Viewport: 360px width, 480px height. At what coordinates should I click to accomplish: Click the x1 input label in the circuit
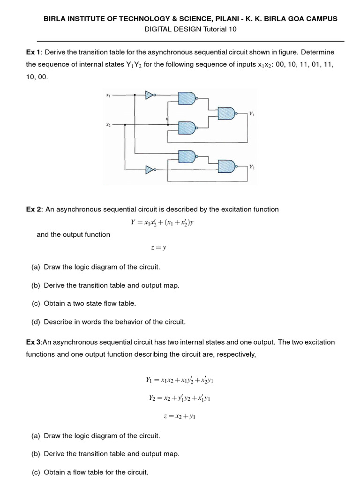(x=108, y=95)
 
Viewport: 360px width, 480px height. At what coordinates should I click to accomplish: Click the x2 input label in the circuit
(x=108, y=125)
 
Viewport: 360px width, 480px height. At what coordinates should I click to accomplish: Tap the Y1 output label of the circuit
(x=252, y=113)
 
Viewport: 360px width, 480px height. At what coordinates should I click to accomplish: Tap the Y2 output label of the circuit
(x=252, y=166)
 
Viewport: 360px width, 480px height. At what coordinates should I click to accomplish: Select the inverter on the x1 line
(x=150, y=95)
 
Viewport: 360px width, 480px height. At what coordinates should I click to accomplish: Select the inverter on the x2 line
(x=150, y=170)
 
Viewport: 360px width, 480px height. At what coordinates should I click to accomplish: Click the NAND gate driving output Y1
(x=226, y=113)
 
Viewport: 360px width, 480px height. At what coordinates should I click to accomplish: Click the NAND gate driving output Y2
(x=226, y=165)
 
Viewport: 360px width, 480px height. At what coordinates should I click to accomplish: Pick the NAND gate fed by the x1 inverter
(x=187, y=98)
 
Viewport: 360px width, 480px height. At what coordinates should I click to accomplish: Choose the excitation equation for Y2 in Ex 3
(x=180, y=398)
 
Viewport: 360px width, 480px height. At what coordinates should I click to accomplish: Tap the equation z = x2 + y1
(x=180, y=416)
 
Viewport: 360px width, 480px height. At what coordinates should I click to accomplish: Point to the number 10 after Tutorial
(x=233, y=29)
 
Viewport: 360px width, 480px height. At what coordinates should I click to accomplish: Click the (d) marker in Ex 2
(x=36, y=322)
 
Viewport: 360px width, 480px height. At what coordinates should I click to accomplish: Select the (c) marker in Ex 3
(x=36, y=472)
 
